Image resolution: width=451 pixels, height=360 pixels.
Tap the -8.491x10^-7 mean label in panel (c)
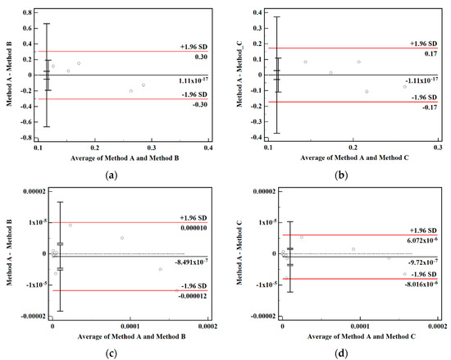point(194,262)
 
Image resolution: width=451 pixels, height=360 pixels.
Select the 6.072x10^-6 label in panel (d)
point(418,241)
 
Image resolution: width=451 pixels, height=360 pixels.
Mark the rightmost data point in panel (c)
point(160,269)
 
